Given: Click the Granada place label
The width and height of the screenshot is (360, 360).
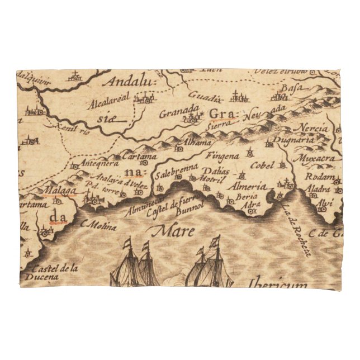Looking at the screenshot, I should (x=179, y=110).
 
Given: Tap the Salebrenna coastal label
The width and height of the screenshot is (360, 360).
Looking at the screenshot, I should (x=177, y=167).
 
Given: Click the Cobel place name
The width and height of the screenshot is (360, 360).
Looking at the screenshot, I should (x=262, y=165).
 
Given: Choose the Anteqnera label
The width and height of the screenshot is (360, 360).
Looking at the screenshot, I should (x=100, y=163).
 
